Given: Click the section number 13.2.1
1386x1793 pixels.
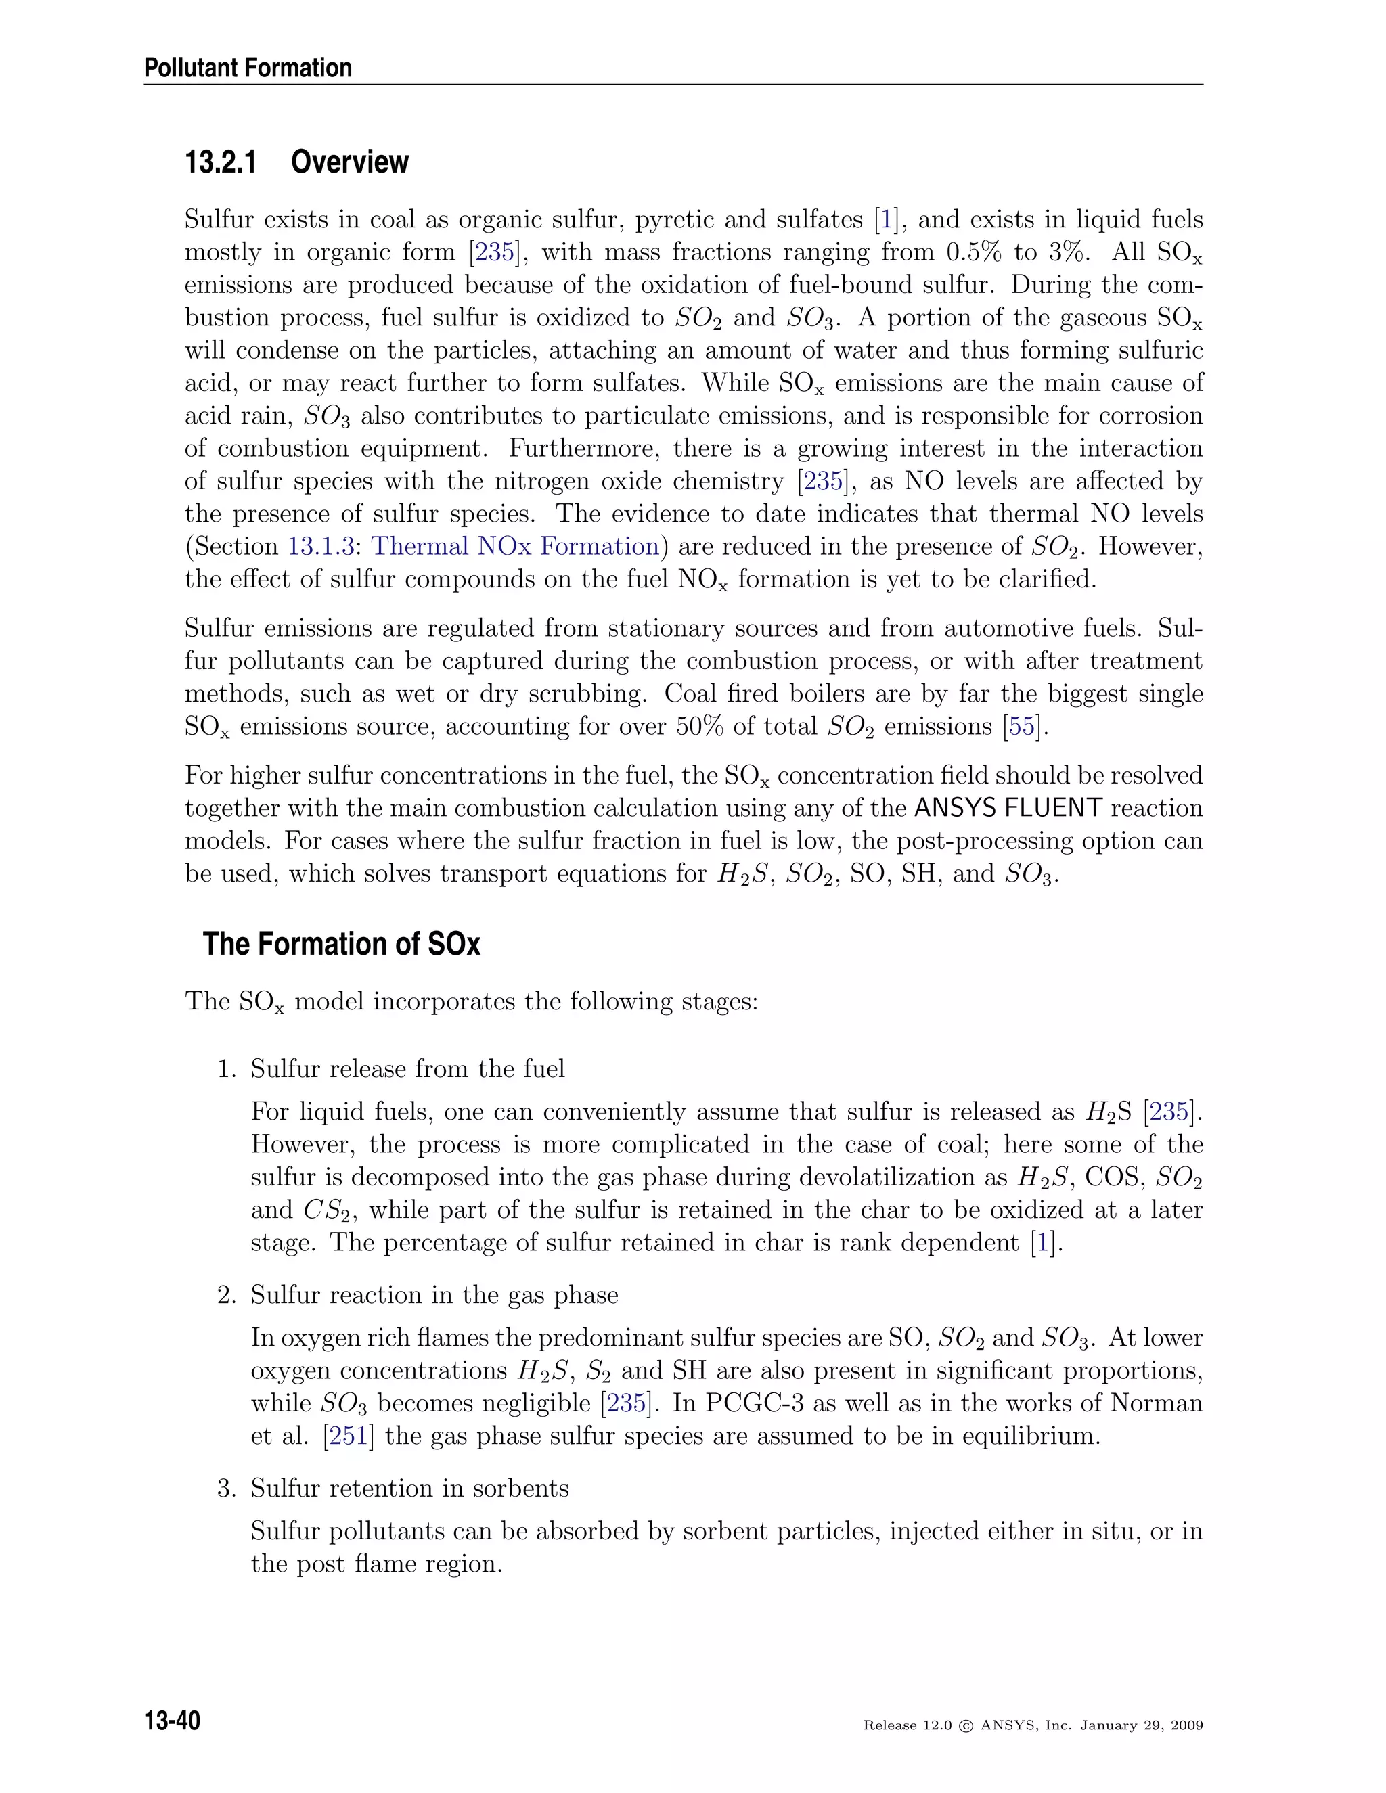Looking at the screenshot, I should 220,162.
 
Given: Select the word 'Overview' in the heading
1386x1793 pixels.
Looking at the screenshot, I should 349,162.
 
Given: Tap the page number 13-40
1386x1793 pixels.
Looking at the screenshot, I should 172,1721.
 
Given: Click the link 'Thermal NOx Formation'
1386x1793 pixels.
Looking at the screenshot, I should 516,547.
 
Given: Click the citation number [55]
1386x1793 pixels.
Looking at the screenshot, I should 1021,727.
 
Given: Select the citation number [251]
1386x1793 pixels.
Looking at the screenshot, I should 348,1436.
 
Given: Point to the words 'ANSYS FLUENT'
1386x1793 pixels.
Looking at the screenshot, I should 1008,809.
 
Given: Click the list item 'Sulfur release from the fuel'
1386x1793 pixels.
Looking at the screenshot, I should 407,1069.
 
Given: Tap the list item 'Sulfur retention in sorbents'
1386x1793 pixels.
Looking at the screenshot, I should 409,1489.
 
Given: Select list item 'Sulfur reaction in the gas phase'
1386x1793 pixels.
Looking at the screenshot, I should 434,1294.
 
